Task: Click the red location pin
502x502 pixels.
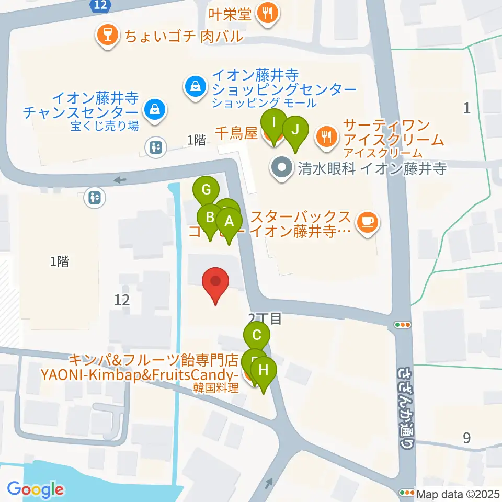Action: click(x=216, y=283)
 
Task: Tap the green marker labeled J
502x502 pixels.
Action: click(x=295, y=130)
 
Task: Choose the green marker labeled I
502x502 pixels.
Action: click(x=274, y=124)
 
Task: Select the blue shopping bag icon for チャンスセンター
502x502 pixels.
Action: click(x=155, y=110)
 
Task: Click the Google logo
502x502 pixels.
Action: click(x=35, y=489)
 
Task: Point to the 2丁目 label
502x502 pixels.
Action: click(x=265, y=318)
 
